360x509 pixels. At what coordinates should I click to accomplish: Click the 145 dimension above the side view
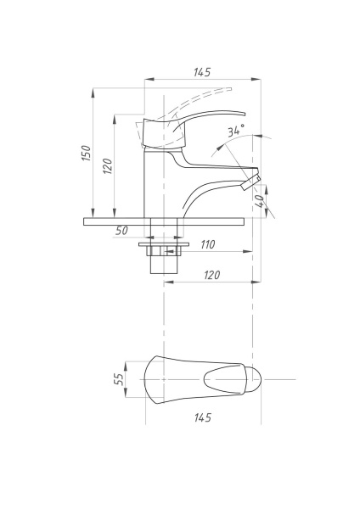202,72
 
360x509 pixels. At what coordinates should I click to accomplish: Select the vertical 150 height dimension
86,153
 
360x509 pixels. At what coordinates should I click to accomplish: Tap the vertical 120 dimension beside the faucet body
108,165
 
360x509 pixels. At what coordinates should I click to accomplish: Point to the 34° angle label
235,131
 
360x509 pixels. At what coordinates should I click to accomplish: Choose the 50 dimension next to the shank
121,231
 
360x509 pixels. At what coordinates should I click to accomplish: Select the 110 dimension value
206,244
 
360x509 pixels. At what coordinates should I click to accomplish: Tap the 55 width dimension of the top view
120,378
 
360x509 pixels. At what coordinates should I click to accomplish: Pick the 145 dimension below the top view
202,417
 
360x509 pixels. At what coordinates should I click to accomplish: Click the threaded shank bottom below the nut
164,263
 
